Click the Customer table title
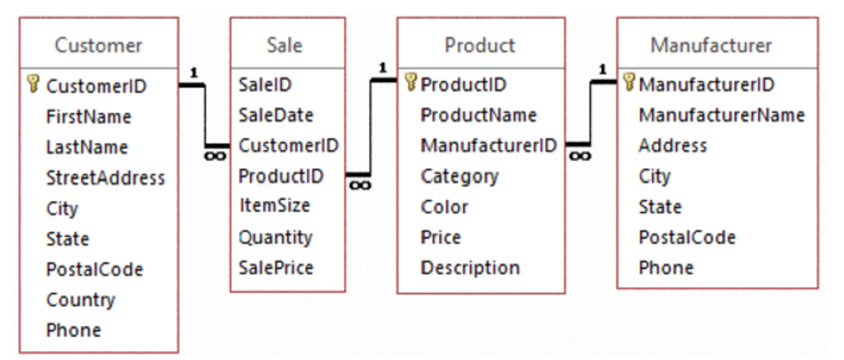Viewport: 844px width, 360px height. click(x=98, y=45)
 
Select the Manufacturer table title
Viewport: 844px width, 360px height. click(x=711, y=45)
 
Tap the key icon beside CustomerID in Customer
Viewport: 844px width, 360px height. click(x=33, y=84)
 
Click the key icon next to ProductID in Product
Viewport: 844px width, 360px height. click(x=411, y=84)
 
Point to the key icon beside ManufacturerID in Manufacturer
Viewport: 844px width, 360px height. click(x=629, y=84)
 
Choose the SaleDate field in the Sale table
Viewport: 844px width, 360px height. click(x=275, y=115)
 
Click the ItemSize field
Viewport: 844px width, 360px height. click(x=274, y=205)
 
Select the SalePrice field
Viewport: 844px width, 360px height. click(x=276, y=268)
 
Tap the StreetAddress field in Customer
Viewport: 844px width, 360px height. click(x=105, y=177)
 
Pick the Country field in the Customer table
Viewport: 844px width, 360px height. click(x=80, y=300)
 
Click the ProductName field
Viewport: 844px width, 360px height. click(x=478, y=115)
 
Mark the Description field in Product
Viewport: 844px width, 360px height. click(x=470, y=268)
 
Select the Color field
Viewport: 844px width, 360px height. click(x=444, y=207)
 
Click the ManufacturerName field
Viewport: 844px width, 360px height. click(x=721, y=115)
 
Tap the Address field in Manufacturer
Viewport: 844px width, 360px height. click(x=673, y=145)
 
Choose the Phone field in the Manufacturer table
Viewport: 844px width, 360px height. click(x=666, y=268)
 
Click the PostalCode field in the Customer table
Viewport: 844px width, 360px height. click(x=94, y=269)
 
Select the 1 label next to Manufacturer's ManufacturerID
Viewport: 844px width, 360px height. click(x=602, y=68)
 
